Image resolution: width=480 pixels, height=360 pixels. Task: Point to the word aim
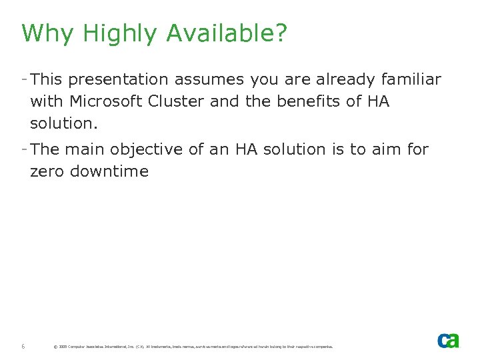[x=386, y=149]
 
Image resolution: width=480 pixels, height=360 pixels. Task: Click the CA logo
[x=448, y=340]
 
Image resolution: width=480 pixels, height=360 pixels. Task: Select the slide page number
[x=23, y=347]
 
